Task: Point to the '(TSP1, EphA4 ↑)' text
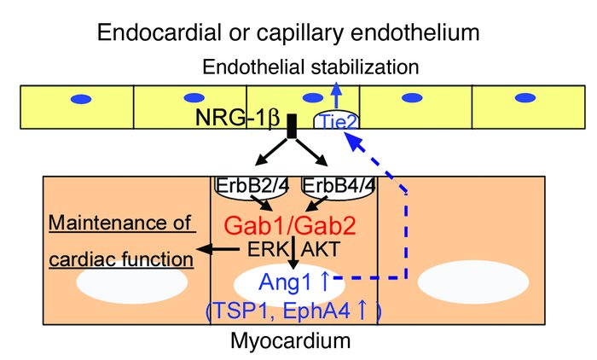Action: pyautogui.click(x=293, y=311)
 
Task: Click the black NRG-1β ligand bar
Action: pyautogui.click(x=292, y=126)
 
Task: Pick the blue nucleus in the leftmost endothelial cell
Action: pyautogui.click(x=79, y=100)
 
